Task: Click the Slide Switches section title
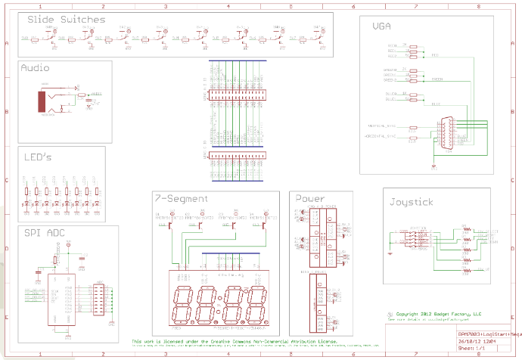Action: [67, 20]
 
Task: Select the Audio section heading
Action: [35, 68]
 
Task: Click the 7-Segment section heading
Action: [181, 199]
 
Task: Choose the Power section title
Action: [309, 199]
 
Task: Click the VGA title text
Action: [382, 26]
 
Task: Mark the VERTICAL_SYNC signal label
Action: [381, 126]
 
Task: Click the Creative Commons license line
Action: [234, 342]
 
